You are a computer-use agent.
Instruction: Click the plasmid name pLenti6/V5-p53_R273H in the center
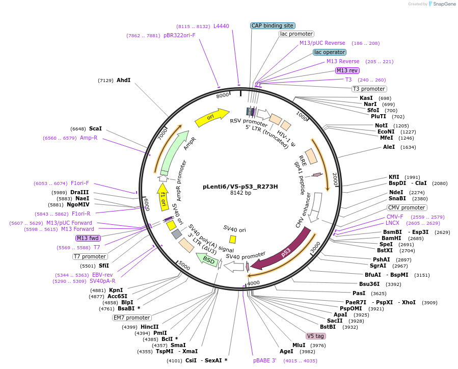pos(240,186)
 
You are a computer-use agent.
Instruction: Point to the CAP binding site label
pos(273,25)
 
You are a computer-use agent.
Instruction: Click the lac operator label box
pos(330,52)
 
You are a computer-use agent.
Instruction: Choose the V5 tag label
pos(315,336)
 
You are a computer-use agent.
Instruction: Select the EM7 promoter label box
pos(131,318)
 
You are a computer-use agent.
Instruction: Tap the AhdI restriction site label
pos(123,80)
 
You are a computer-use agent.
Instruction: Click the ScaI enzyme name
pos(95,128)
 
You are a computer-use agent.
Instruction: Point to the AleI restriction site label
pos(389,147)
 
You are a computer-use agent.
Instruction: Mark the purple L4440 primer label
pos(221,26)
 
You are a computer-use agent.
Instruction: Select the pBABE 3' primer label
pos(264,360)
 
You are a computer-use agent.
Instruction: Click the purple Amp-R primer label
pos(88,138)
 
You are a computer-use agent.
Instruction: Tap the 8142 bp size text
pos(240,193)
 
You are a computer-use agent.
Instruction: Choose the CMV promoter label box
pos(407,207)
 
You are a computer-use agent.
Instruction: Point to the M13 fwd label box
pos(88,238)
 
